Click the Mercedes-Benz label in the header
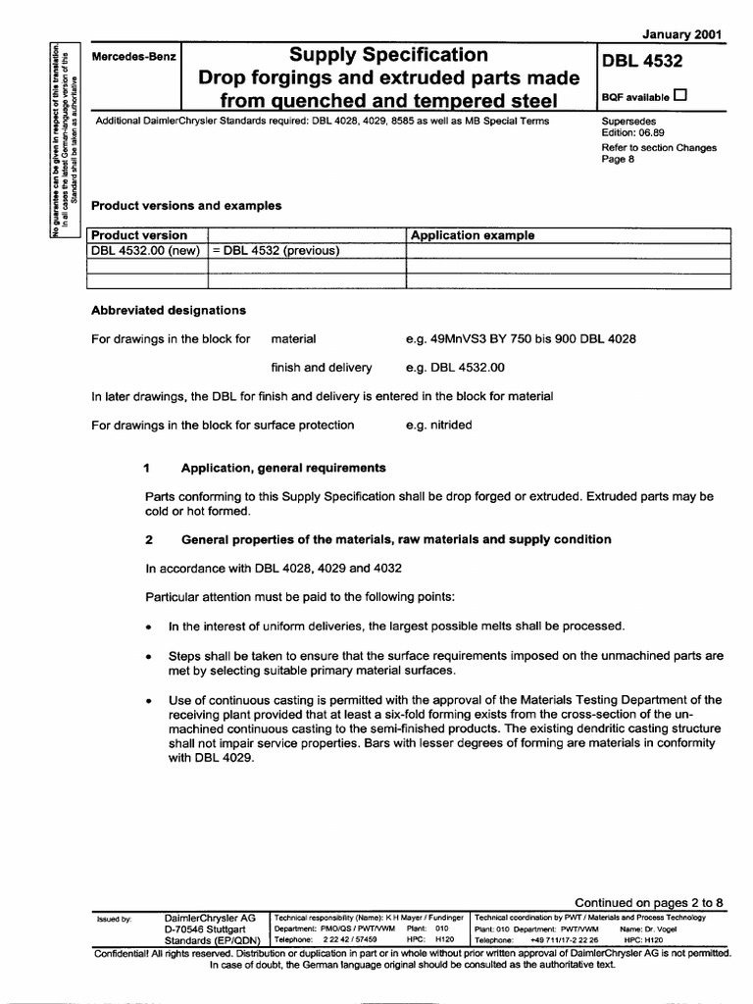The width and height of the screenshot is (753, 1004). coord(132,58)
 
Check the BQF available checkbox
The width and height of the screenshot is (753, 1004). coord(680,96)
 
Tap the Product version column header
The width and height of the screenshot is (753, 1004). coord(138,235)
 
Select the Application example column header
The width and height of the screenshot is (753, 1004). coord(473,235)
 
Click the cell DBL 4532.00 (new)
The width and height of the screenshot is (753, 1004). coord(145,250)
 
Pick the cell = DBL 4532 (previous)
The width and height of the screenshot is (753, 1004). coord(276,250)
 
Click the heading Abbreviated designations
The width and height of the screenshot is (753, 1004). coord(168,310)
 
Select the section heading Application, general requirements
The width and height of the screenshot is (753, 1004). coord(283,468)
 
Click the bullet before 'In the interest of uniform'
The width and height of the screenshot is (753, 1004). coord(147,627)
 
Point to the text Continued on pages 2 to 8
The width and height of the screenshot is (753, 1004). coord(648,902)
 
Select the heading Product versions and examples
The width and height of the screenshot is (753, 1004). coord(186,206)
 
